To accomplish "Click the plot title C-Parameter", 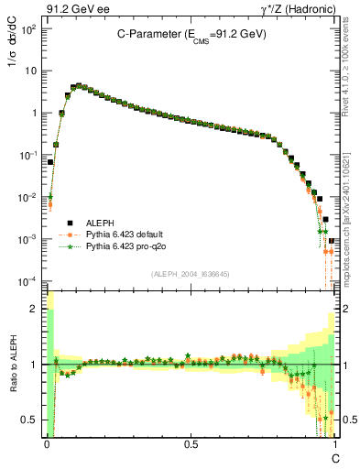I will point(191,34).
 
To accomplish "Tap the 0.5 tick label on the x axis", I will point(191,443).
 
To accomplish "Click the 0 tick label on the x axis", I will point(46,443).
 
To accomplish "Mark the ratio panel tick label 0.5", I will point(32,420).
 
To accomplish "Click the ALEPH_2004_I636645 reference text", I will point(191,273).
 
